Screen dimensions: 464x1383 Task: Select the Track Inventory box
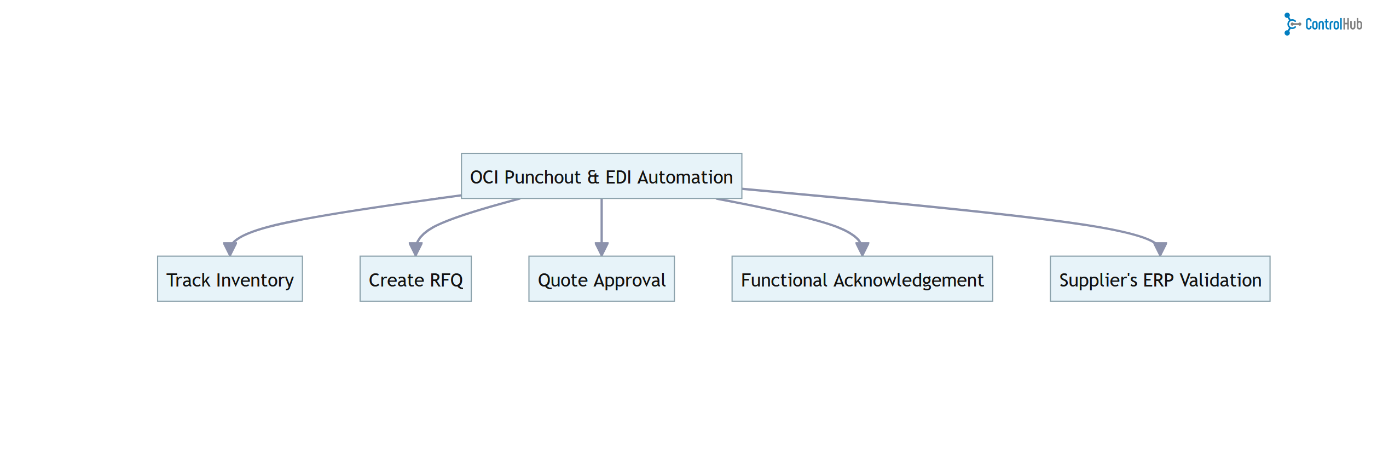(230, 279)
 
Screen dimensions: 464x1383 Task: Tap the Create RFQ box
(415, 279)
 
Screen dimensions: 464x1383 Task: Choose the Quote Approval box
(601, 279)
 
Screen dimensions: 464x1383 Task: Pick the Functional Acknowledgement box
(862, 279)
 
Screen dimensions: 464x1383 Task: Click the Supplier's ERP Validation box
(1160, 279)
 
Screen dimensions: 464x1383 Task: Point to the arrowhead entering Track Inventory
(230, 249)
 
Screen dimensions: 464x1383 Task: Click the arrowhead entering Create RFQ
(415, 249)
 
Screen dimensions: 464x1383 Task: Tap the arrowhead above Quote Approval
(601, 249)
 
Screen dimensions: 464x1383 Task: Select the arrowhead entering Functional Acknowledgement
(862, 249)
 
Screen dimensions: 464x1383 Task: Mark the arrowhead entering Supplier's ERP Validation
(1160, 249)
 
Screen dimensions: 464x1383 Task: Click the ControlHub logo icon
(1291, 24)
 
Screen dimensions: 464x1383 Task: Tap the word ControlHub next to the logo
(1333, 24)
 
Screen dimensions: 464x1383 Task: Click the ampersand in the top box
(593, 177)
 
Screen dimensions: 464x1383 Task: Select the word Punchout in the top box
(542, 177)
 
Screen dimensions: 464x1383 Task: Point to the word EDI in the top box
(618, 177)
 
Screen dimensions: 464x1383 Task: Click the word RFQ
(446, 280)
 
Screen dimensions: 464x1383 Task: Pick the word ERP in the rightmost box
(1158, 280)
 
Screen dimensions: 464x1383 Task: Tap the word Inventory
(254, 280)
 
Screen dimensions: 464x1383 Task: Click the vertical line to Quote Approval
(601, 219)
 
